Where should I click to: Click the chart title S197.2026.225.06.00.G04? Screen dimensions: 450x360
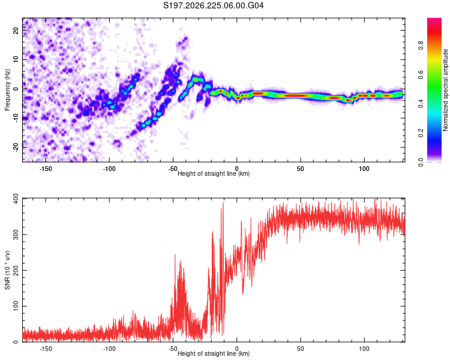point(213,5)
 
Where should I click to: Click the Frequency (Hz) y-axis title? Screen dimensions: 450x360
point(7,90)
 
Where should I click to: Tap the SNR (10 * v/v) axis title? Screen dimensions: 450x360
point(7,270)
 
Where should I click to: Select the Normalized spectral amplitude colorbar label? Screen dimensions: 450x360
point(445,90)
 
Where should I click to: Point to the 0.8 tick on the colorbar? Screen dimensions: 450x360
point(421,46)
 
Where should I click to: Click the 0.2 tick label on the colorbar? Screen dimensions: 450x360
point(421,133)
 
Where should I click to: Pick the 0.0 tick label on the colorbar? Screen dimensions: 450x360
point(421,162)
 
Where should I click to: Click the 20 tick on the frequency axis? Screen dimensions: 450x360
point(16,30)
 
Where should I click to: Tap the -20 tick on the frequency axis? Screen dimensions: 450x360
point(16,147)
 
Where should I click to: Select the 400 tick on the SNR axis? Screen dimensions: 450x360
point(16,199)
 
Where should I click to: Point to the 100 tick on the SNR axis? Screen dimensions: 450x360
point(16,306)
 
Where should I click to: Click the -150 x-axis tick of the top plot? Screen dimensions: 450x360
point(46,169)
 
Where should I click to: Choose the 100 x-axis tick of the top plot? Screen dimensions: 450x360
point(364,169)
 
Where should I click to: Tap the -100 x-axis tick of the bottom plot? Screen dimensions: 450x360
point(109,349)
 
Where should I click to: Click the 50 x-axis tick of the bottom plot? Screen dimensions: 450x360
point(301,349)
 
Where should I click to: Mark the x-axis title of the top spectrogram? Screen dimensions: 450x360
point(214,173)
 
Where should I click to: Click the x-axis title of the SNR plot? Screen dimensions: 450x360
point(214,353)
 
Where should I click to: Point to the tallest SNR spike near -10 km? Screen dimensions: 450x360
point(223,203)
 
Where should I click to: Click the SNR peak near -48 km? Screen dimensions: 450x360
point(175,255)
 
